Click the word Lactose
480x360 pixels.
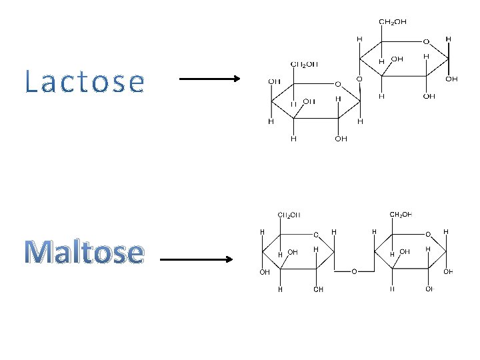pyautogui.click(x=85, y=82)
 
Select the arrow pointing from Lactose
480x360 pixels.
pyautogui.click(x=210, y=79)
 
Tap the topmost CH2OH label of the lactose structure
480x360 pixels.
pyautogui.click(x=393, y=22)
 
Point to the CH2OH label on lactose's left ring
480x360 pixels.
pyautogui.click(x=304, y=65)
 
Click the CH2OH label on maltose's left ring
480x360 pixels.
pyautogui.click(x=289, y=215)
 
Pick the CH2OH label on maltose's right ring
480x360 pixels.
pyautogui.click(x=400, y=215)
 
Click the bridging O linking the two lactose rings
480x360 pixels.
pyautogui.click(x=359, y=79)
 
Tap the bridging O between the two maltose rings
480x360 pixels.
pyautogui.click(x=354, y=272)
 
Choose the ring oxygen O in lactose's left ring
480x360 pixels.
pyautogui.click(x=337, y=84)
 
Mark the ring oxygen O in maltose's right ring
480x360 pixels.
pyautogui.click(x=427, y=234)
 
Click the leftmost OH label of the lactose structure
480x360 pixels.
pyautogui.click(x=273, y=81)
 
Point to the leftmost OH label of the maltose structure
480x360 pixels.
pyautogui.click(x=265, y=272)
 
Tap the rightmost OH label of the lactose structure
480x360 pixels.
pyautogui.click(x=451, y=79)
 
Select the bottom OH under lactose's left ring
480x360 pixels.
pyautogui.click(x=341, y=139)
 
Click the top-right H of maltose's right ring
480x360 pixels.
pyautogui.click(x=446, y=231)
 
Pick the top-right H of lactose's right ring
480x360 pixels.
pyautogui.click(x=448, y=39)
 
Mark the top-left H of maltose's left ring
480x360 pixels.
pyautogui.click(x=262, y=231)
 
